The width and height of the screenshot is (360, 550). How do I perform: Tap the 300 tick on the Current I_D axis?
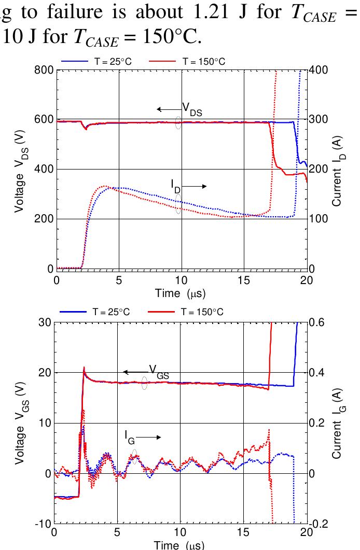point(317,119)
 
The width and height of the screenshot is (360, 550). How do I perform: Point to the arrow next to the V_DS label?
point(169,109)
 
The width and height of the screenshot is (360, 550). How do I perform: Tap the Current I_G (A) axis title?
point(338,423)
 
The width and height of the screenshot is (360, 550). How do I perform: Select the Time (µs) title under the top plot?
point(181,294)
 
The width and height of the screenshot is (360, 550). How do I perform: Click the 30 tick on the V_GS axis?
point(44,322)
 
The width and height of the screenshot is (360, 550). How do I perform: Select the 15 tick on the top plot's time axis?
point(244,280)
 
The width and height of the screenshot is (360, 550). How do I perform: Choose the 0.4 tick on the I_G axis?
point(317,373)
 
